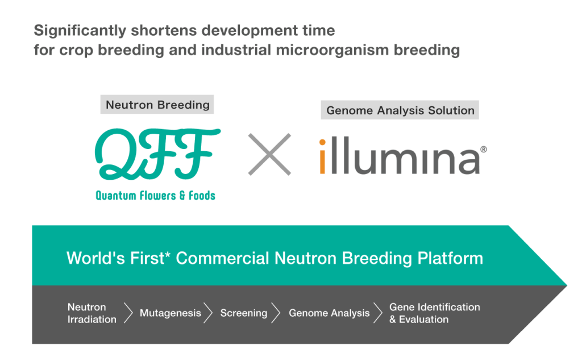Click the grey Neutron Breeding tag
point(157,105)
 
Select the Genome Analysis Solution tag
point(400,110)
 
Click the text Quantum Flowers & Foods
point(155,196)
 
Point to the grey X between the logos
point(269,154)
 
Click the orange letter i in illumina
point(322,156)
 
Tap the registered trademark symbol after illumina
point(484,150)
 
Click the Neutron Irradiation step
point(92,313)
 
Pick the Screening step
point(244,313)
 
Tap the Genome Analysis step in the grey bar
point(329,313)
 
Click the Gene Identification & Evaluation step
point(434,313)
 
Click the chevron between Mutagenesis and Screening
point(209,313)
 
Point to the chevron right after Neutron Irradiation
point(128,313)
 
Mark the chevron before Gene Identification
point(378,313)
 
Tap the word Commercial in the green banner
point(223,258)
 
